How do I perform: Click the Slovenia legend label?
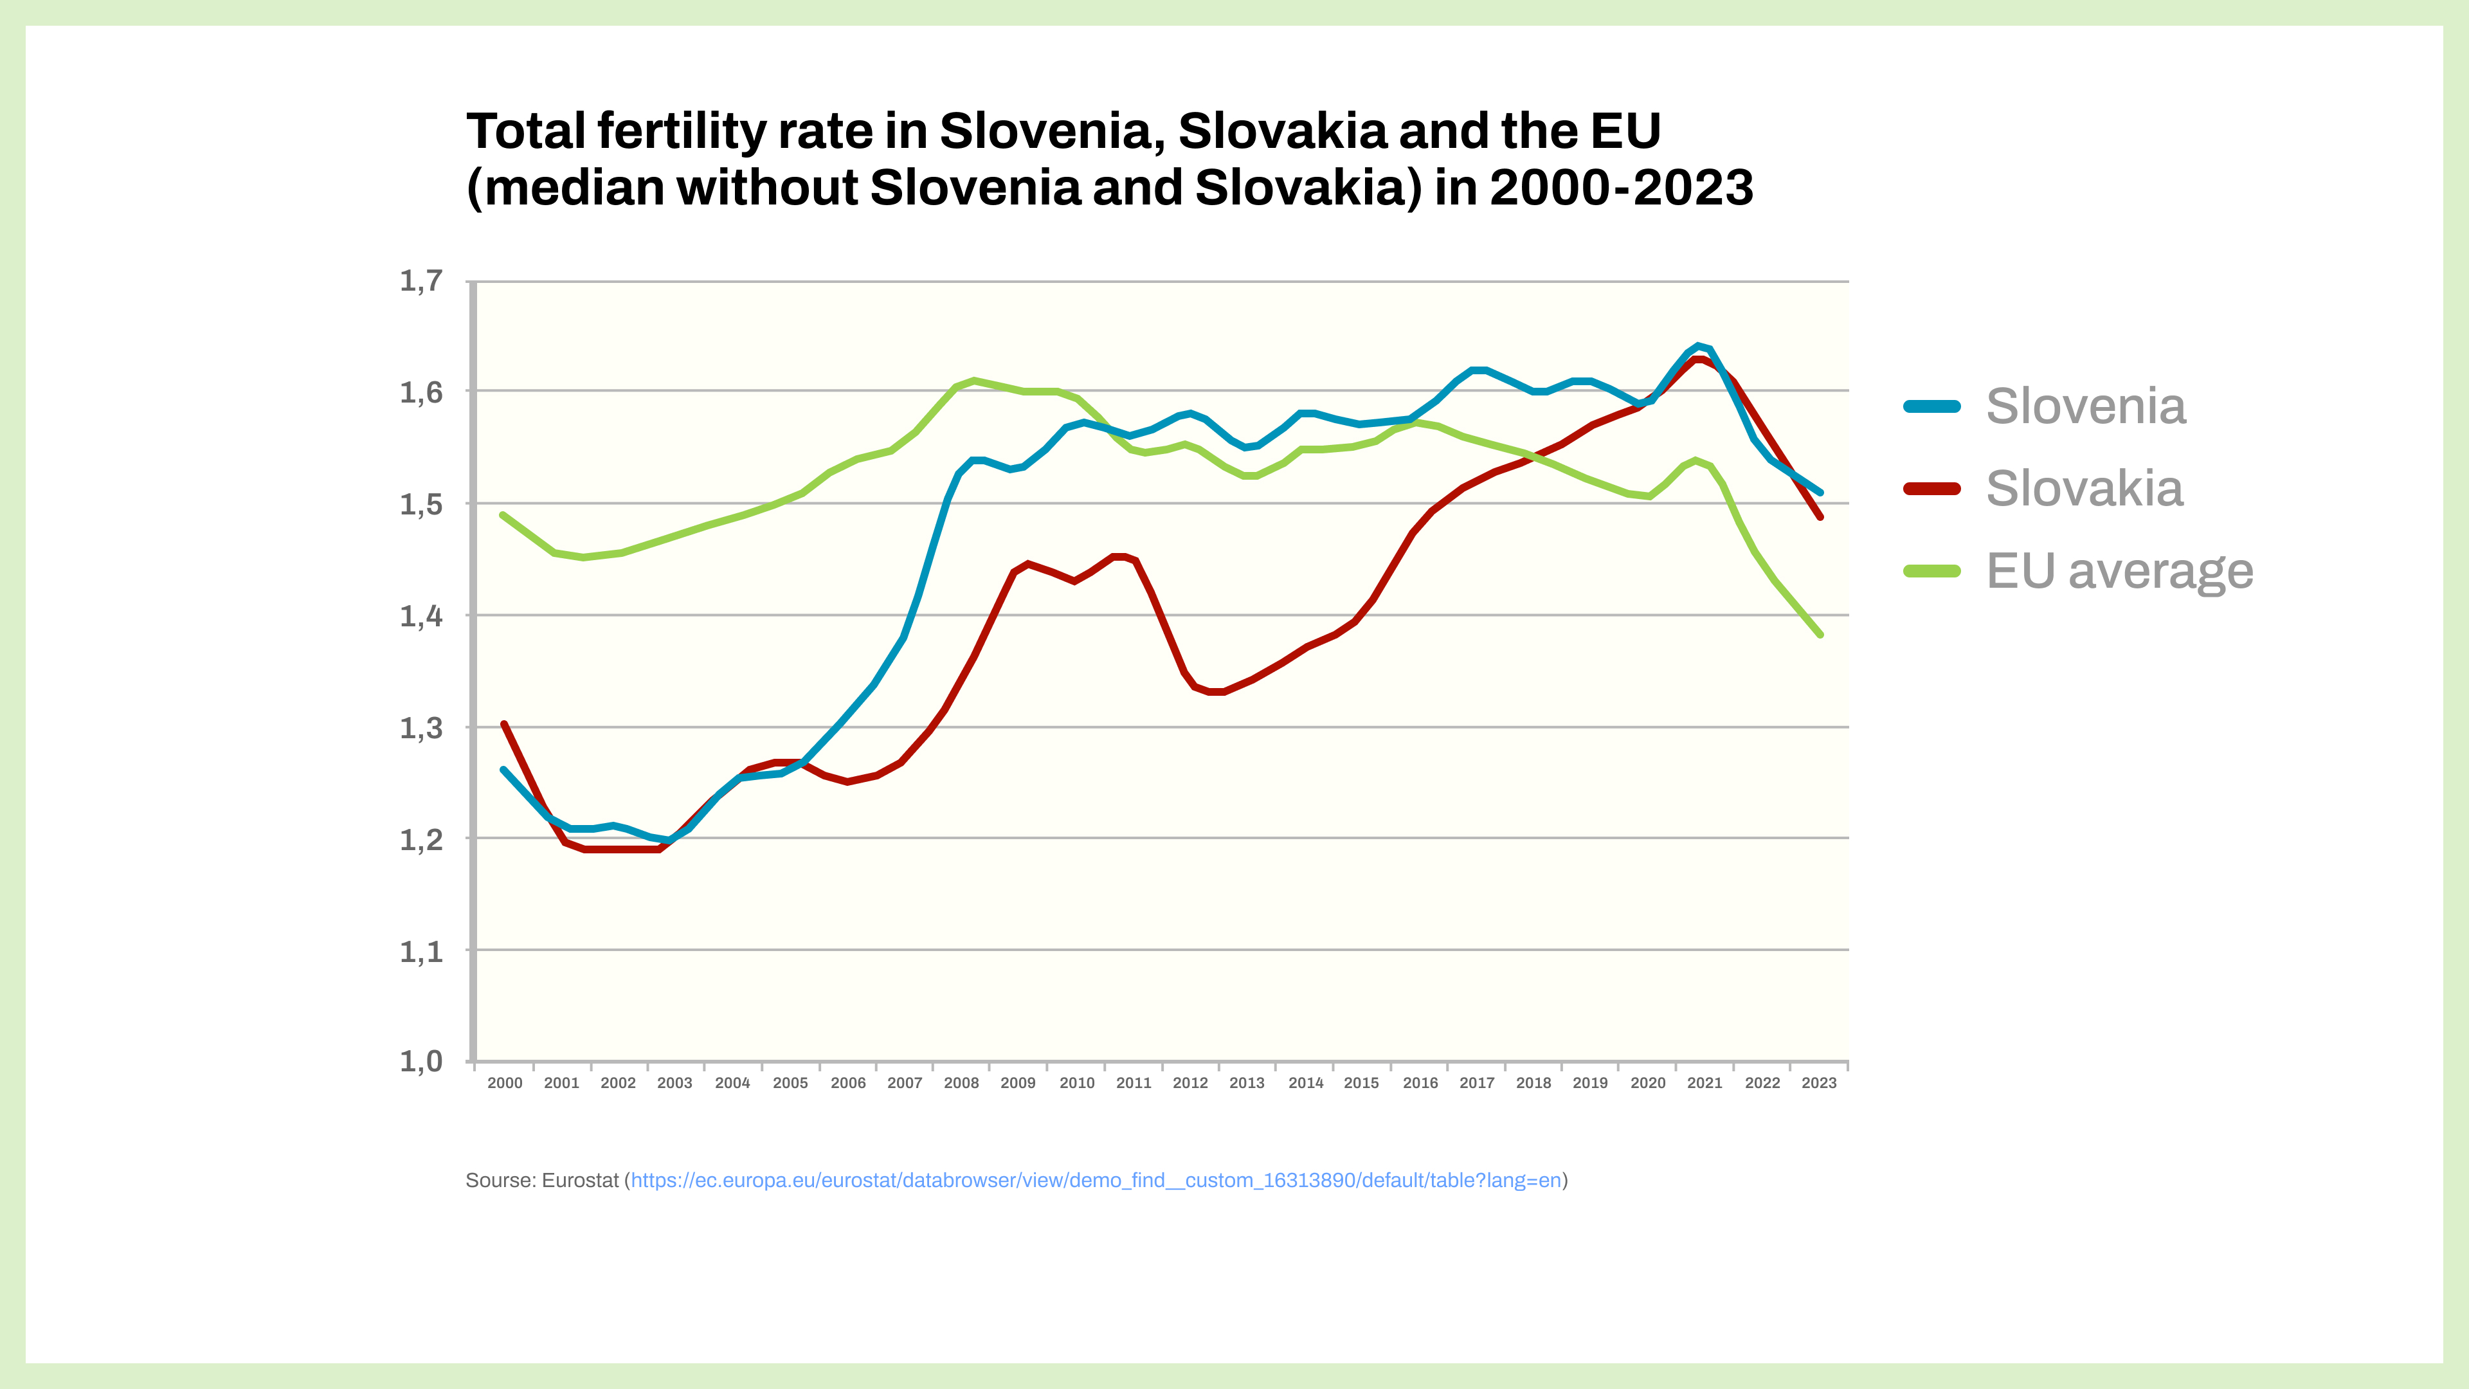(2086, 406)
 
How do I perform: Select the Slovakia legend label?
(2084, 489)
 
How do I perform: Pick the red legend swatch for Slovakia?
(1931, 489)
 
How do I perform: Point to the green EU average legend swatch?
(1931, 571)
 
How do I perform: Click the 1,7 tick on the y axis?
(421, 281)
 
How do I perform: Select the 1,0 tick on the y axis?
(421, 1061)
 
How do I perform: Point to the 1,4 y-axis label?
(421, 615)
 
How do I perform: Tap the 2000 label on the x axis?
(505, 1083)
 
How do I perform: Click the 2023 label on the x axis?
(1819, 1083)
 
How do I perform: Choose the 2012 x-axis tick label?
(1190, 1083)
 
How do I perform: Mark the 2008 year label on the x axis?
(961, 1083)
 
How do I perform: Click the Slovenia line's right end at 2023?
(1820, 493)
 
